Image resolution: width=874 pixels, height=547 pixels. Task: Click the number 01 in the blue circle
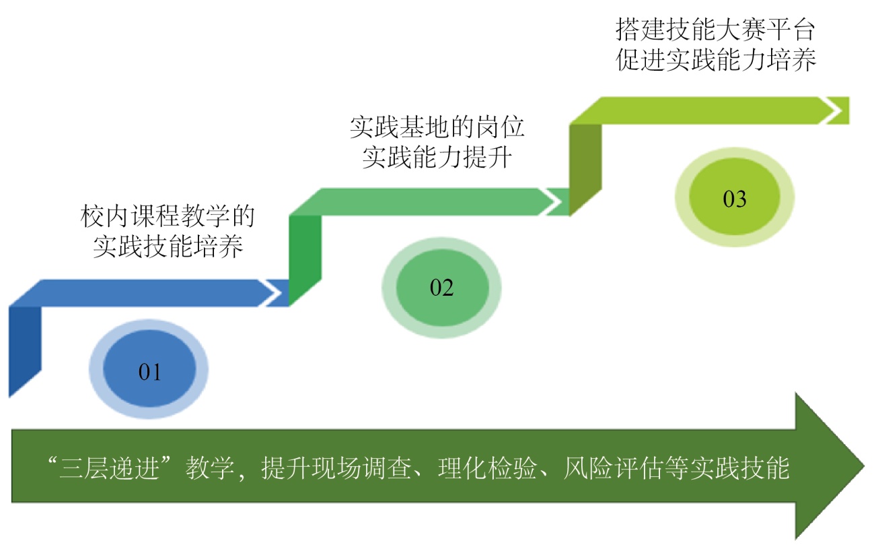click(x=149, y=372)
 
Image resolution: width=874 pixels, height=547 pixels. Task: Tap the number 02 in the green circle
click(x=442, y=288)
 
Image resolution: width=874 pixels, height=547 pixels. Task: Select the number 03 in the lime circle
click(x=735, y=199)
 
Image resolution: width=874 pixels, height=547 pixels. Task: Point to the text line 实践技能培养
click(x=168, y=249)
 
